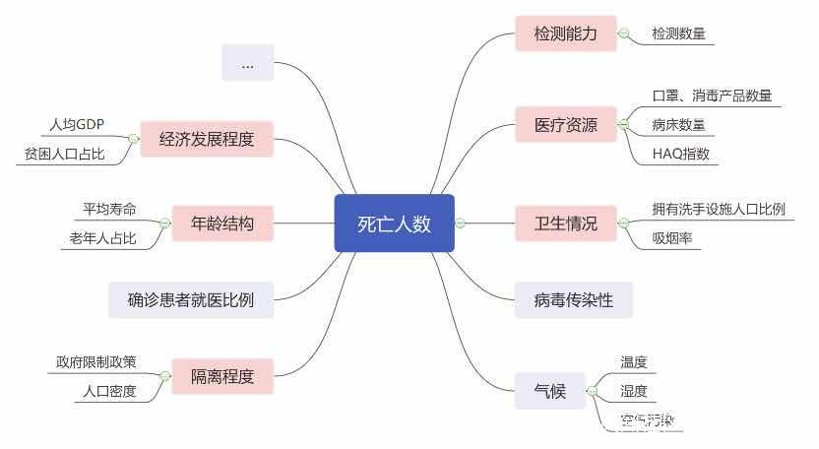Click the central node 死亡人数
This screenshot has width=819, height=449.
pos(394,224)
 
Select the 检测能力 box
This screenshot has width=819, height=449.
pos(566,33)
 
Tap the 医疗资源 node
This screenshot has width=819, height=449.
pos(566,125)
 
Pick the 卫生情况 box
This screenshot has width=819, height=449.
pos(566,224)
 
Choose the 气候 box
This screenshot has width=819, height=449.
pos(549,392)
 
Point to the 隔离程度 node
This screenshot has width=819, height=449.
pos(221,376)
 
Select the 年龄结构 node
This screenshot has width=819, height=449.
pos(221,224)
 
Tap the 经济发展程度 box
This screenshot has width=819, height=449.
pos(206,139)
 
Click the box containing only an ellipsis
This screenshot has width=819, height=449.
pos(247,64)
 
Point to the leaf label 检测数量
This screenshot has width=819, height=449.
pos(678,33)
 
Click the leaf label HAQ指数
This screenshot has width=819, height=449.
pos(680,154)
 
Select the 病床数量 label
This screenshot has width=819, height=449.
pos(678,125)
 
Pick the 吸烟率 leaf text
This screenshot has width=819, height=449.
pos(672,238)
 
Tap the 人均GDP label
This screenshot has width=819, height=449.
pos(77,125)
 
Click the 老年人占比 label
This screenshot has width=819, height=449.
pos(102,238)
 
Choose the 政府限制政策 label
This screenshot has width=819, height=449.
pos(96,362)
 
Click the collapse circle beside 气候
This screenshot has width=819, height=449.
pos(593,392)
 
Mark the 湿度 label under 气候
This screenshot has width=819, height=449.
pos(634,392)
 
